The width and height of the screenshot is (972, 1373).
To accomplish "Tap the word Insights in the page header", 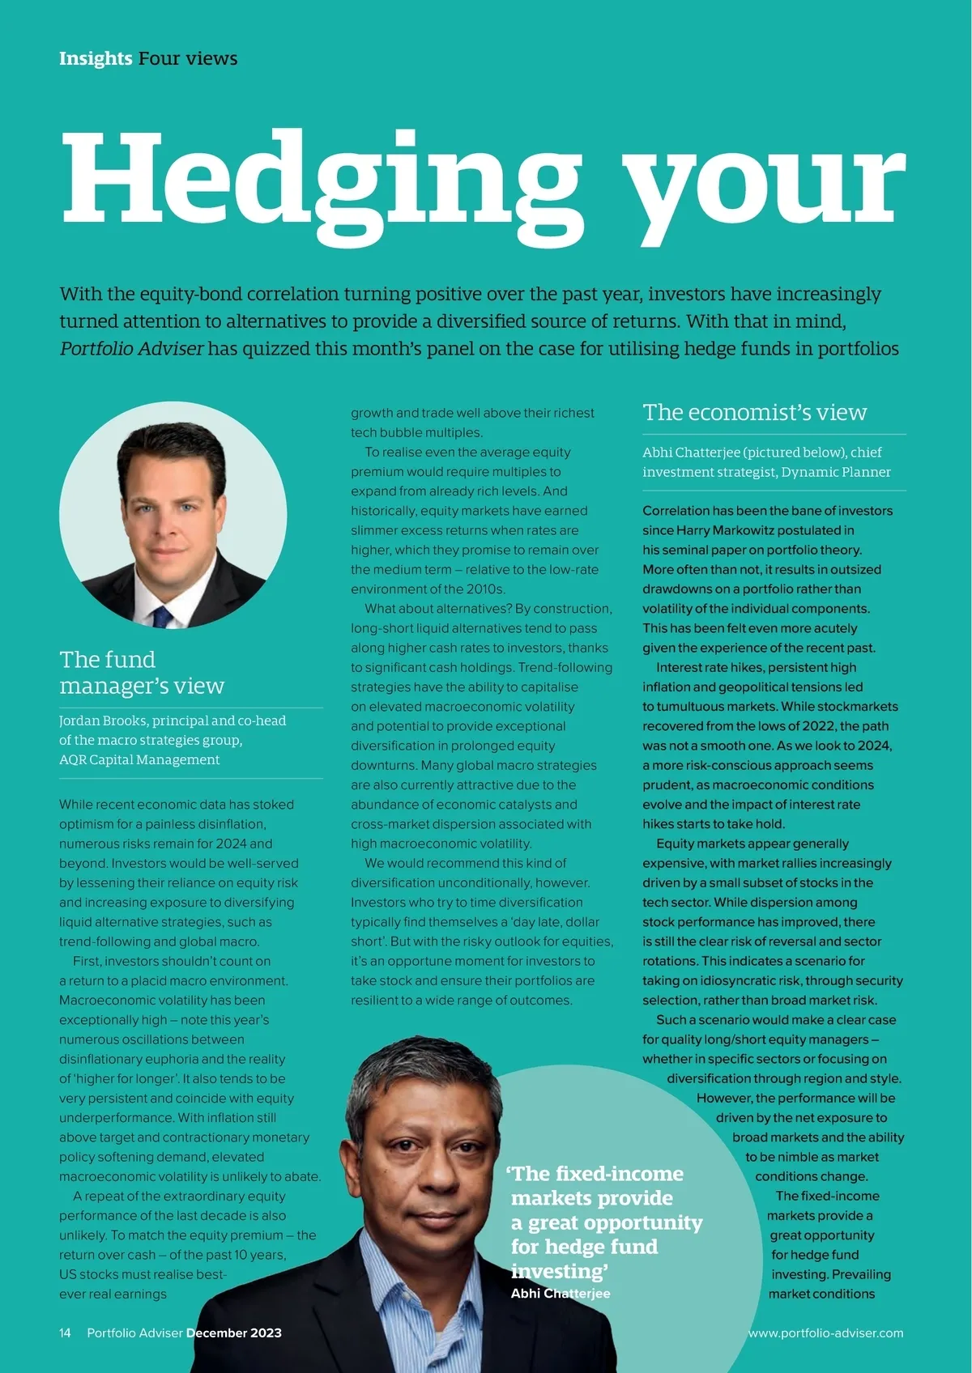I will click(96, 58).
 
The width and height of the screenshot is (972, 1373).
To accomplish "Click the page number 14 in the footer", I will click(65, 1333).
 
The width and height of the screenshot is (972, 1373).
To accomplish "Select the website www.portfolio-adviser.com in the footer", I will click(825, 1333).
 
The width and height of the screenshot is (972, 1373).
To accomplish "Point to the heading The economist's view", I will click(754, 412).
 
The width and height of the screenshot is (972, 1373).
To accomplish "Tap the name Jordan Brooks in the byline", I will click(103, 721).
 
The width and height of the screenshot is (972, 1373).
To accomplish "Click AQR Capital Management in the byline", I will click(139, 759).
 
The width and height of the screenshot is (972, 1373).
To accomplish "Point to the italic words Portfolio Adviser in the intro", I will click(131, 349).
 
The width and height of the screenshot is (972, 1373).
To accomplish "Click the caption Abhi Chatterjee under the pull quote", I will click(561, 1293).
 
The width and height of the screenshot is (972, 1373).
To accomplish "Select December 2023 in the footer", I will click(234, 1333).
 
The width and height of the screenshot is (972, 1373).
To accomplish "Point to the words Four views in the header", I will click(188, 58).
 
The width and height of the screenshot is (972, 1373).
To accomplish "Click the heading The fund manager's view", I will click(142, 672).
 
